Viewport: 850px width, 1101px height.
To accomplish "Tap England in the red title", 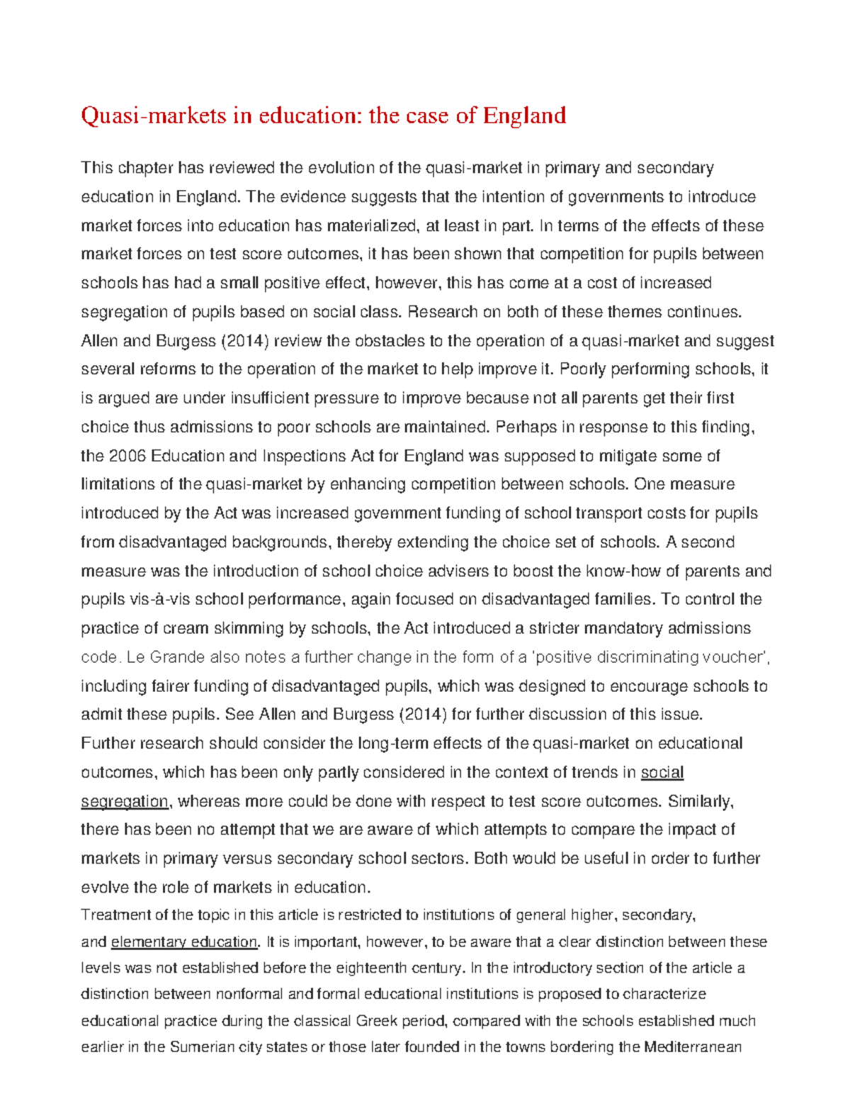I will [x=524, y=115].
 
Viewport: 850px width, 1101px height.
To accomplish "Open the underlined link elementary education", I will [x=184, y=942].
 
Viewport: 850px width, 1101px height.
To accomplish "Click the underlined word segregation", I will [x=125, y=801].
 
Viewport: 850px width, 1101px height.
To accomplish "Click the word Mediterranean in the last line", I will [x=692, y=1047].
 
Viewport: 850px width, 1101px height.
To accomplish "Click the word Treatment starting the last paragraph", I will [x=115, y=915].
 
